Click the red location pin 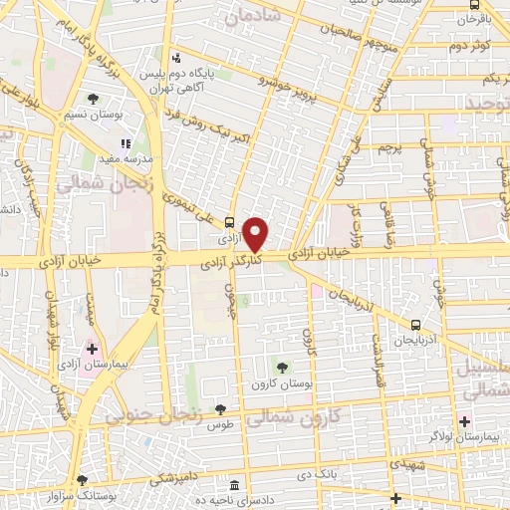[x=257, y=233]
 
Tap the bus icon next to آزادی [x=231, y=223]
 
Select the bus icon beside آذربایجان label [x=416, y=324]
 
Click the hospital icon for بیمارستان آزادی [x=92, y=349]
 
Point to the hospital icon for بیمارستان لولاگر [x=465, y=422]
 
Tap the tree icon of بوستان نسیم [x=93, y=99]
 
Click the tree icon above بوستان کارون [x=283, y=367]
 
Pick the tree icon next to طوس [x=221, y=409]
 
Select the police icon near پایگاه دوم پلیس [x=176, y=57]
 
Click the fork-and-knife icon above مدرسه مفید [x=127, y=144]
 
